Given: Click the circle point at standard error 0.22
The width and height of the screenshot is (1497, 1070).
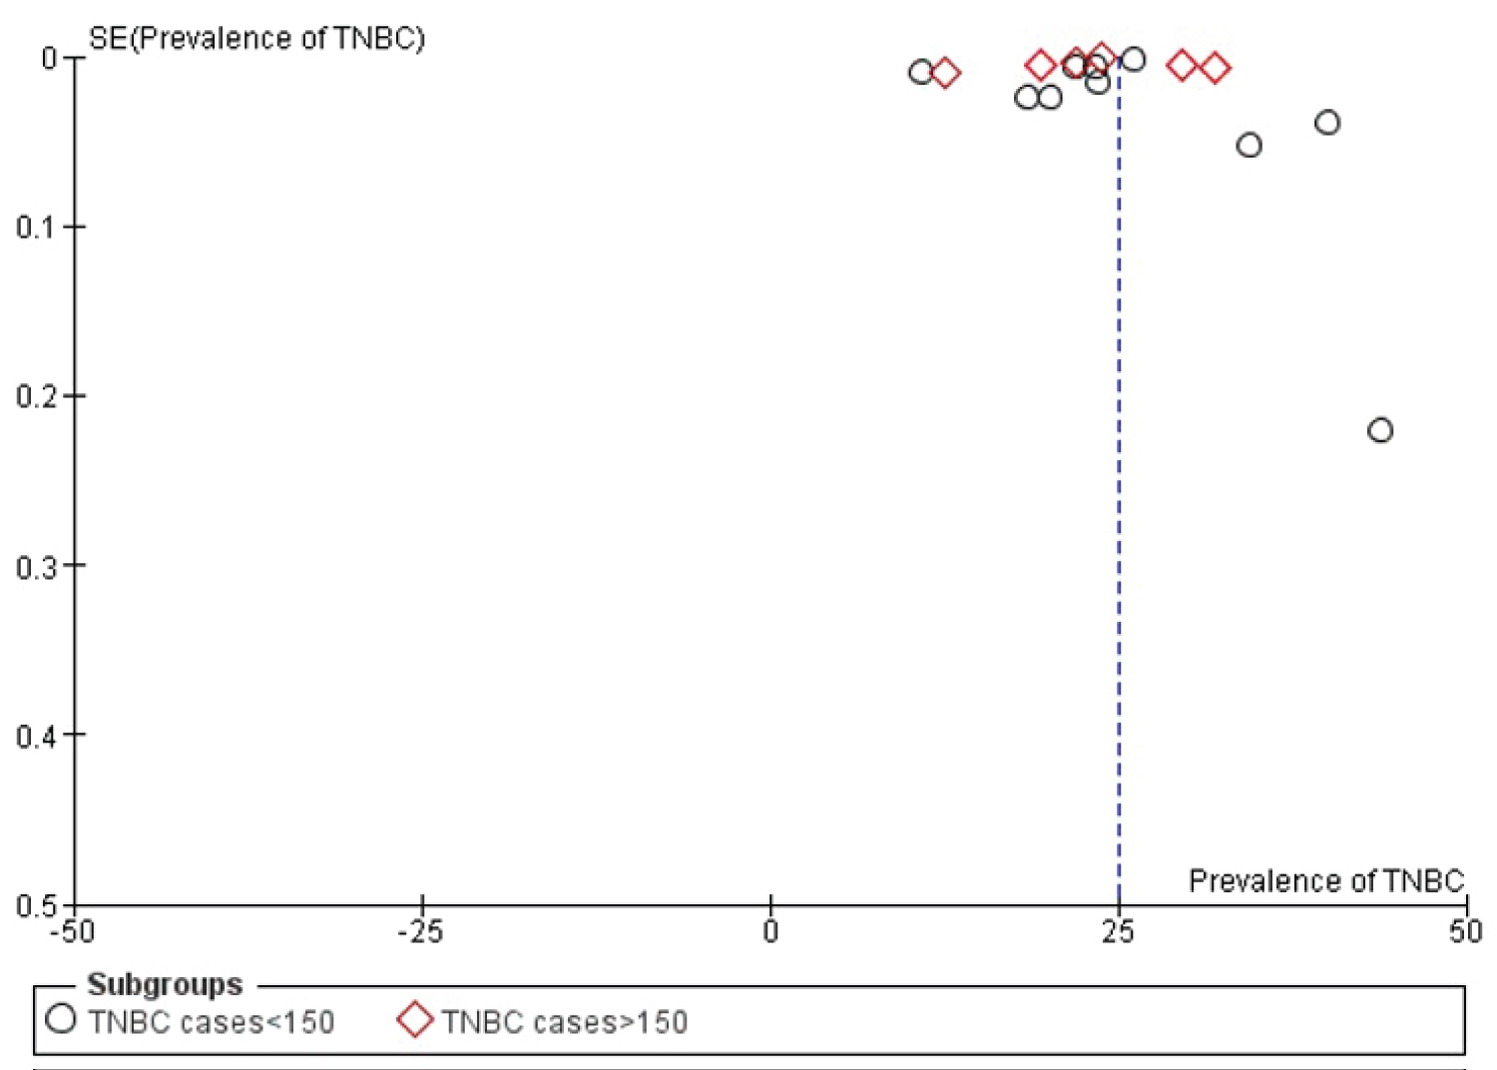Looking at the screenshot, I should point(1380,430).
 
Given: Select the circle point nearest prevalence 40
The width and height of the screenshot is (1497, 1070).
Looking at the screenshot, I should point(1327,123).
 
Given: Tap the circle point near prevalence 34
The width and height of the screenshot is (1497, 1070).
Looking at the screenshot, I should point(1249,146).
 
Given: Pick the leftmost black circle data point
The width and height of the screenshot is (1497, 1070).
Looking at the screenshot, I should point(921,71).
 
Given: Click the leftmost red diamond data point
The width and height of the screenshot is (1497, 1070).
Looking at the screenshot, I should point(945,72).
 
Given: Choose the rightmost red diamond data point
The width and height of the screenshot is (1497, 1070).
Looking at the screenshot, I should point(1215,68).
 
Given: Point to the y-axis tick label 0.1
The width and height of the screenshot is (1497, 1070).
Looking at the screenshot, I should point(37,228).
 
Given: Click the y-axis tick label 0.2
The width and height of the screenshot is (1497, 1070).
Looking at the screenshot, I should point(37,396).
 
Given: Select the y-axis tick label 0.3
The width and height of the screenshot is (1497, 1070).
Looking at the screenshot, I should point(37,566).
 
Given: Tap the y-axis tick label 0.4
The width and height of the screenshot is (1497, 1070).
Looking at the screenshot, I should point(37,736).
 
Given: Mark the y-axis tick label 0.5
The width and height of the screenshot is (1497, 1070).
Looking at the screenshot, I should point(37,905).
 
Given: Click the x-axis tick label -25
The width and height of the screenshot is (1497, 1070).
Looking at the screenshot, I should point(420,932).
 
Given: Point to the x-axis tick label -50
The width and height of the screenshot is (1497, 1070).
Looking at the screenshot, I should point(73,932).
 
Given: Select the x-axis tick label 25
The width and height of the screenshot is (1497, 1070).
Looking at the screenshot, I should point(1119,932).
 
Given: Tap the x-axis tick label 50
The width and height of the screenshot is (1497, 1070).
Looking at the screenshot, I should point(1466,932).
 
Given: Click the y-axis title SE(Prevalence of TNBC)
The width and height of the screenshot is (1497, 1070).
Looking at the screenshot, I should point(256,39).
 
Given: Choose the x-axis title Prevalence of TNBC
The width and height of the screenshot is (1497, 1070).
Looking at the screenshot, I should point(1326,880).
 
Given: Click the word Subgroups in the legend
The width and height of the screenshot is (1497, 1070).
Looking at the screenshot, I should point(165,985).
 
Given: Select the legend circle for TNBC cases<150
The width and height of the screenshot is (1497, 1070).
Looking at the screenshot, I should point(61,1019).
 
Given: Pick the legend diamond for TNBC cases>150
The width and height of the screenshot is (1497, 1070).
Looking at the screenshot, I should point(415,1020).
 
